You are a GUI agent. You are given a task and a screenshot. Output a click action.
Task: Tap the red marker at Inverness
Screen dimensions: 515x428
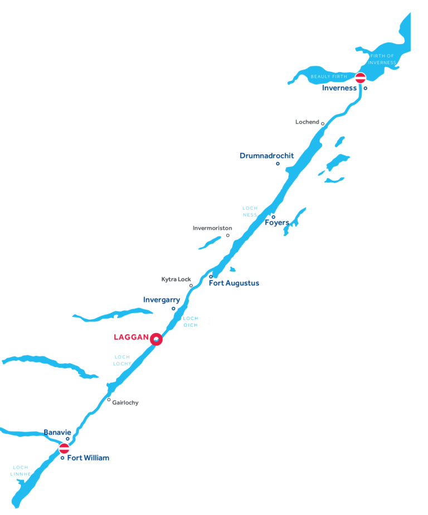tap(361, 78)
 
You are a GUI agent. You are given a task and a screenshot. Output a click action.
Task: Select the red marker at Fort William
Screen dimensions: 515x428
tap(64, 448)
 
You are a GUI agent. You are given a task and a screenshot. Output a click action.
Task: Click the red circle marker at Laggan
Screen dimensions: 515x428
tap(157, 339)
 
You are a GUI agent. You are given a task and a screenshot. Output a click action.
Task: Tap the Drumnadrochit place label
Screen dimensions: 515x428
tap(266, 156)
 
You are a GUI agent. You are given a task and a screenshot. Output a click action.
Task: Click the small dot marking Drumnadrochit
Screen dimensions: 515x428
tap(278, 163)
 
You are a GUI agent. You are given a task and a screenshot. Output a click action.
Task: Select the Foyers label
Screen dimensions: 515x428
tap(277, 223)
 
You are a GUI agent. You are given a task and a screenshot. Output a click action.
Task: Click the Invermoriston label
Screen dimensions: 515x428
tap(212, 228)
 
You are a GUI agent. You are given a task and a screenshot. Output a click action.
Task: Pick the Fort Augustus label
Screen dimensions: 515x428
tap(234, 283)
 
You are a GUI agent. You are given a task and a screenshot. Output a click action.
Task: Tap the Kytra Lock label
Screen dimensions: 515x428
tap(176, 279)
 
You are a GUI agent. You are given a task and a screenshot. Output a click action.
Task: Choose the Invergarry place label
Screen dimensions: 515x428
tap(162, 300)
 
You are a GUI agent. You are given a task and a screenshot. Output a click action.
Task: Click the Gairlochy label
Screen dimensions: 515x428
tap(125, 402)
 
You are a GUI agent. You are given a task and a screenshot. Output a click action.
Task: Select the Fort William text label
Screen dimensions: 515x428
tap(88, 458)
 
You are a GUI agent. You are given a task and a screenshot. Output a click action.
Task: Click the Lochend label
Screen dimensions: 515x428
tap(308, 122)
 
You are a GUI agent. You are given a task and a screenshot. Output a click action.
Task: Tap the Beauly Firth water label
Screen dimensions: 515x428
tap(329, 76)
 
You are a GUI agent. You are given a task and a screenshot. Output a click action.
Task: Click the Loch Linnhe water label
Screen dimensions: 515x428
tap(20, 471)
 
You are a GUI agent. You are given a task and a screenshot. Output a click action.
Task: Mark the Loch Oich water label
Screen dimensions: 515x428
tap(191, 322)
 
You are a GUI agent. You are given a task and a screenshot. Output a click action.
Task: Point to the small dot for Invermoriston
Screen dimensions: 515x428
tap(227, 235)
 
